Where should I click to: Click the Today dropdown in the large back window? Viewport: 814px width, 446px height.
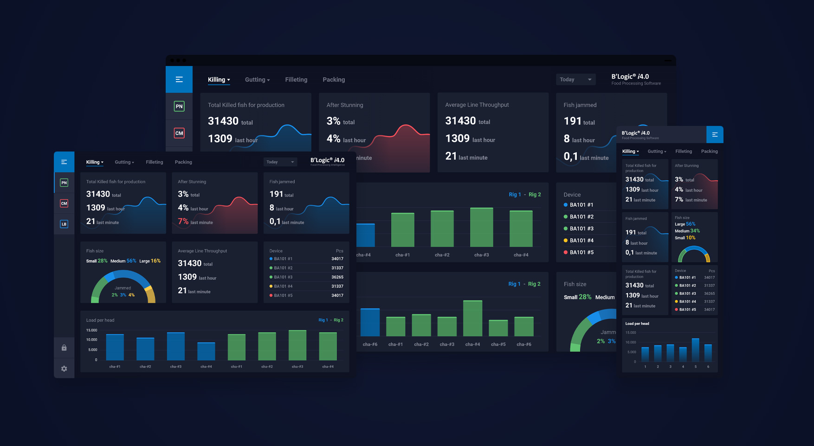click(x=575, y=79)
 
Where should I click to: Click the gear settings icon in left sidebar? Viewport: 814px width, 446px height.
click(x=64, y=368)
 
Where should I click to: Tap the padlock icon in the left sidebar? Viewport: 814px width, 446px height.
click(x=64, y=348)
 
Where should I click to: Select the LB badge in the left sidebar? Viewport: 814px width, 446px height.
click(x=64, y=224)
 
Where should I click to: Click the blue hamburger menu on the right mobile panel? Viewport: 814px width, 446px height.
click(x=715, y=135)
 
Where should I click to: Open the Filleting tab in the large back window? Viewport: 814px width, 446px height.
click(x=296, y=80)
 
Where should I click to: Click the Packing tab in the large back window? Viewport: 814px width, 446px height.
click(x=334, y=80)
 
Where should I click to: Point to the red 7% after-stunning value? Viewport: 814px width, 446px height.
click(x=183, y=222)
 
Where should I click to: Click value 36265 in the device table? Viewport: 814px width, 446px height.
click(x=337, y=277)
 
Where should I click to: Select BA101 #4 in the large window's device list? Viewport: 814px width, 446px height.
click(x=581, y=240)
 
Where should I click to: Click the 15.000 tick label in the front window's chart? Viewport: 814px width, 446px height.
click(x=92, y=330)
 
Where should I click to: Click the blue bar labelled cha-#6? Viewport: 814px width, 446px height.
click(x=370, y=322)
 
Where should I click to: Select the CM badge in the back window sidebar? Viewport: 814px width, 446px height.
click(x=179, y=133)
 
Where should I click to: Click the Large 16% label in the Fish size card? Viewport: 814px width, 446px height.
click(x=150, y=261)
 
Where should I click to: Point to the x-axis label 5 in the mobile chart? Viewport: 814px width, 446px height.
click(x=695, y=367)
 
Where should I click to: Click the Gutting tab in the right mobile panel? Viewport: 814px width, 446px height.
click(x=657, y=151)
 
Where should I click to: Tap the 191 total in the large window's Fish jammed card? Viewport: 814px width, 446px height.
click(x=579, y=122)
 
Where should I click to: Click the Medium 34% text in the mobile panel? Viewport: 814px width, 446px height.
click(x=687, y=231)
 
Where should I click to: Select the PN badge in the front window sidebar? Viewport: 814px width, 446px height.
click(x=64, y=183)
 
